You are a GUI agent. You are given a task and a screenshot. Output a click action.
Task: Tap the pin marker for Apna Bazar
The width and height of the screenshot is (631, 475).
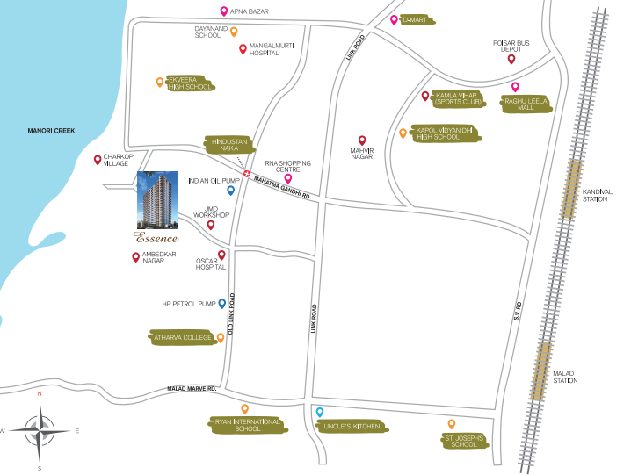[x=223, y=11]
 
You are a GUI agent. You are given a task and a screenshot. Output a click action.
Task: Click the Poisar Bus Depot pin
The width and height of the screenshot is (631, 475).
[x=511, y=60]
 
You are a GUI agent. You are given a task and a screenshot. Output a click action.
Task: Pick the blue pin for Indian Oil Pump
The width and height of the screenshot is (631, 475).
[x=230, y=190]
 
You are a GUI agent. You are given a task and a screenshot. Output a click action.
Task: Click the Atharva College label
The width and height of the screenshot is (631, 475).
[x=183, y=337]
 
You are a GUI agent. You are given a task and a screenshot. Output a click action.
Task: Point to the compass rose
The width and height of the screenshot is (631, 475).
[x=39, y=430]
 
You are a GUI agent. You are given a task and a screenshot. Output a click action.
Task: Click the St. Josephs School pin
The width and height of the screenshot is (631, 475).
[x=451, y=424]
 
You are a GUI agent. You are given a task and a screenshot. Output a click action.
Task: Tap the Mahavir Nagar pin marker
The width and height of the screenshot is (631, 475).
[x=361, y=140]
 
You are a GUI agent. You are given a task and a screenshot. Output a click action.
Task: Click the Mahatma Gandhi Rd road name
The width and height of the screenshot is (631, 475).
[x=282, y=188]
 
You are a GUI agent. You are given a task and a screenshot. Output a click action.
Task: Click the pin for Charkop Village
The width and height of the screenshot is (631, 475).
[x=98, y=160]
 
